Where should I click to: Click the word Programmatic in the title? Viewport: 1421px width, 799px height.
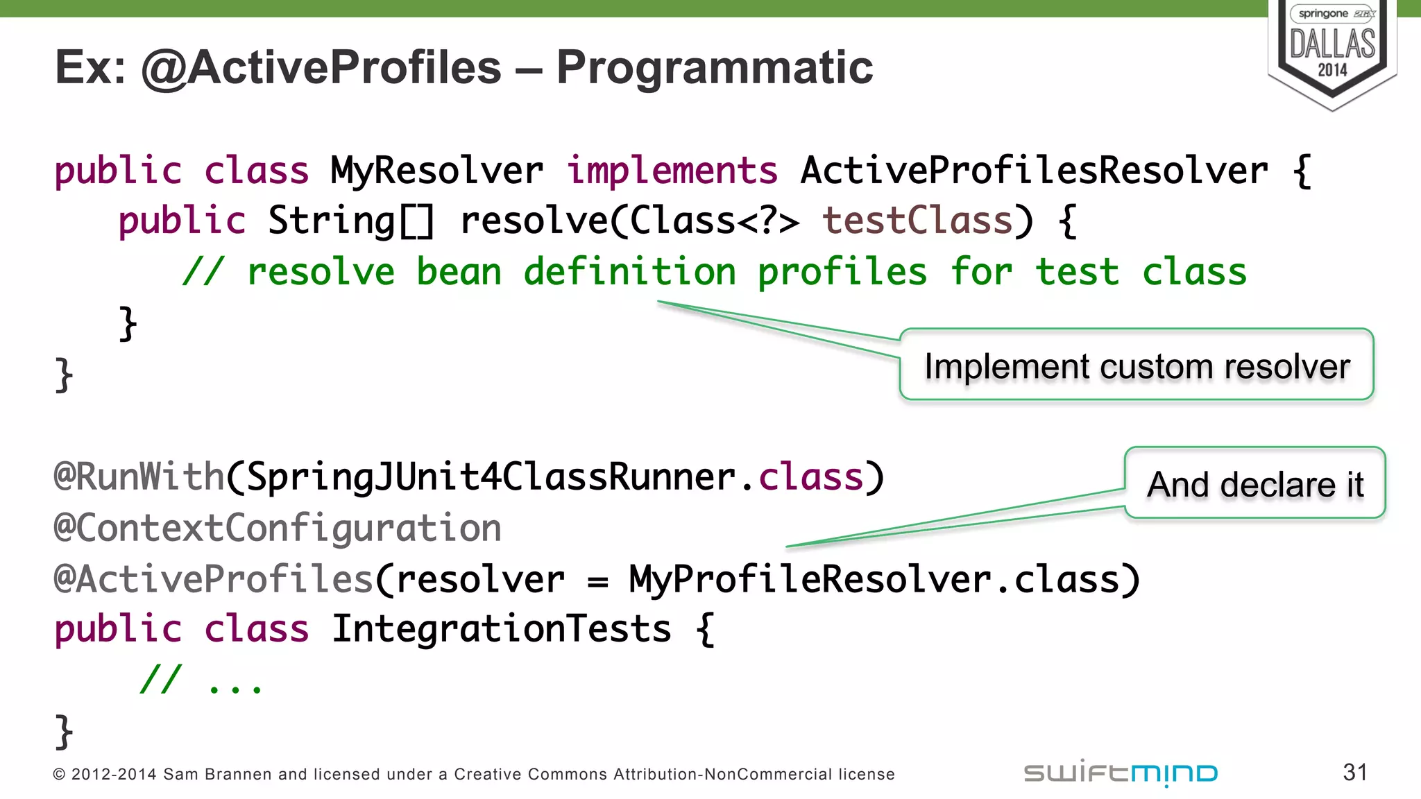click(714, 67)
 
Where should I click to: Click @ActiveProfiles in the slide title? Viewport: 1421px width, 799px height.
click(321, 67)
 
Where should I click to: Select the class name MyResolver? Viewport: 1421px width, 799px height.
click(436, 171)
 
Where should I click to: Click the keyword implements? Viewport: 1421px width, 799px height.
click(672, 171)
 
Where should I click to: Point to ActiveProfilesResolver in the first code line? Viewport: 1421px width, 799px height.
click(1034, 171)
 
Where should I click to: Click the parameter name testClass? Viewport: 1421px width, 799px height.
click(917, 221)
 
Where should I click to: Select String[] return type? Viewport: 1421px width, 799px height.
click(351, 221)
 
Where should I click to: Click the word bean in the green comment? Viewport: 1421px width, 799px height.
click(459, 272)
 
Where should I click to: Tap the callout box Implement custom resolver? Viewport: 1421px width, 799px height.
click(1137, 366)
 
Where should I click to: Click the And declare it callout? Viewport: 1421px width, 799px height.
click(1254, 483)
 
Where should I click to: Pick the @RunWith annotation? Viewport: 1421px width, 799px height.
click(139, 477)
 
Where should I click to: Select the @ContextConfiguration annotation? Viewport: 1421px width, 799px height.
click(278, 528)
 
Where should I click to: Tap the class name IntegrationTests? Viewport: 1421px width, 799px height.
click(501, 629)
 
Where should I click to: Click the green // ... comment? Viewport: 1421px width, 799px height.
click(201, 680)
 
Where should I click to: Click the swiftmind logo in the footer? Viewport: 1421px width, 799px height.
click(1120, 773)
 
